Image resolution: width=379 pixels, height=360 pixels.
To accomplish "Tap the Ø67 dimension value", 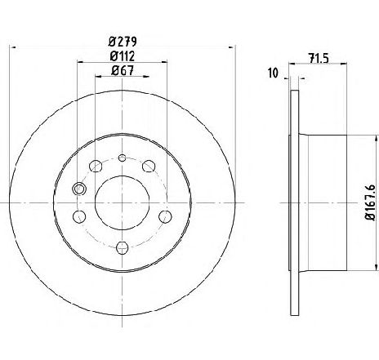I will click(x=122, y=72).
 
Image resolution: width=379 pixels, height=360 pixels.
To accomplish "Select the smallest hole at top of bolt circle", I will click(x=122, y=158).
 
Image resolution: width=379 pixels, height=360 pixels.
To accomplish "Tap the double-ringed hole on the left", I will click(x=79, y=189).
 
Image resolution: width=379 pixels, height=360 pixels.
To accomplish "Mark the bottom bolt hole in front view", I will click(x=122, y=247).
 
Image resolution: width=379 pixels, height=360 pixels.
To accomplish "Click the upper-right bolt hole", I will click(x=149, y=167).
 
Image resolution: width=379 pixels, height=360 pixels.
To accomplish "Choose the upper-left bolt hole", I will click(x=95, y=167).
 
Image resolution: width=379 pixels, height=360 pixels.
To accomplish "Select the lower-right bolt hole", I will click(x=164, y=216).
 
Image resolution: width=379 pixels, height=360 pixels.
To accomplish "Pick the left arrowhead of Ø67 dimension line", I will click(x=97, y=80).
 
